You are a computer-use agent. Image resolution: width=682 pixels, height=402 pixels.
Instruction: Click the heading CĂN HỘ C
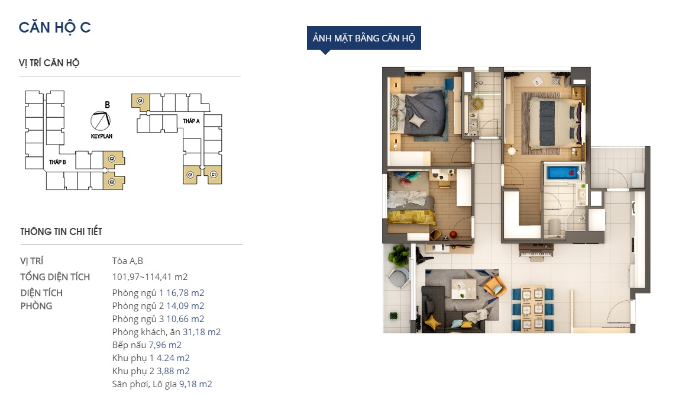55,27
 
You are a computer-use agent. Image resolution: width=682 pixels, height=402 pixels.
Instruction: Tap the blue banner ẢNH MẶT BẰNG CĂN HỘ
364,38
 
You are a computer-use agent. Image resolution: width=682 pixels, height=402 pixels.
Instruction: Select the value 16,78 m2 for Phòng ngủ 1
185,292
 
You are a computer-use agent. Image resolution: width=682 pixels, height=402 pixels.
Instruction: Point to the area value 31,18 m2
202,332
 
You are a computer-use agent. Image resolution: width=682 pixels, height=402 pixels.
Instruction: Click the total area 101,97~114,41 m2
150,277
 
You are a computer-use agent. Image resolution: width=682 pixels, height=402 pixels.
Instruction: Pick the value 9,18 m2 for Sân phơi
196,384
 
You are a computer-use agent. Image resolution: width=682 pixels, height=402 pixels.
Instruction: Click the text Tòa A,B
127,261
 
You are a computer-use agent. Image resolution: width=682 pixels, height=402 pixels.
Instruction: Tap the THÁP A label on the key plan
192,121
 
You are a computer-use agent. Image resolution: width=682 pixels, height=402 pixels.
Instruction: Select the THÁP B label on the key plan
57,162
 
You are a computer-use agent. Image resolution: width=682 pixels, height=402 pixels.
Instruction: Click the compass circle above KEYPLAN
101,121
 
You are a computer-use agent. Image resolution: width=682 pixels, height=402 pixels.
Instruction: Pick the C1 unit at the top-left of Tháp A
141,101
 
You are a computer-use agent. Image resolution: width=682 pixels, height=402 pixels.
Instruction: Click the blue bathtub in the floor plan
563,173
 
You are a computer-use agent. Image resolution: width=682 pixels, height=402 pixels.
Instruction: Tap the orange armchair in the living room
494,286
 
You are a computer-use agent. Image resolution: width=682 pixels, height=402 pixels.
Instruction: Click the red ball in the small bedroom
453,235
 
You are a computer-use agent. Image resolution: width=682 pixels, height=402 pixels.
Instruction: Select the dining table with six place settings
532,309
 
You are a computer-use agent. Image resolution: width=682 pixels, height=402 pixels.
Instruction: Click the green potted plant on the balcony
399,256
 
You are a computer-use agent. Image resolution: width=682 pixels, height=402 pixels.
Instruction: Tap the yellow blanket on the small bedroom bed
411,217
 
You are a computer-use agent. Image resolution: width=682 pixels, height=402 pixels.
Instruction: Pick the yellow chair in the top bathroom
477,104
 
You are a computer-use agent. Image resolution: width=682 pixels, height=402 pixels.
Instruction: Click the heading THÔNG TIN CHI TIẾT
62,231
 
